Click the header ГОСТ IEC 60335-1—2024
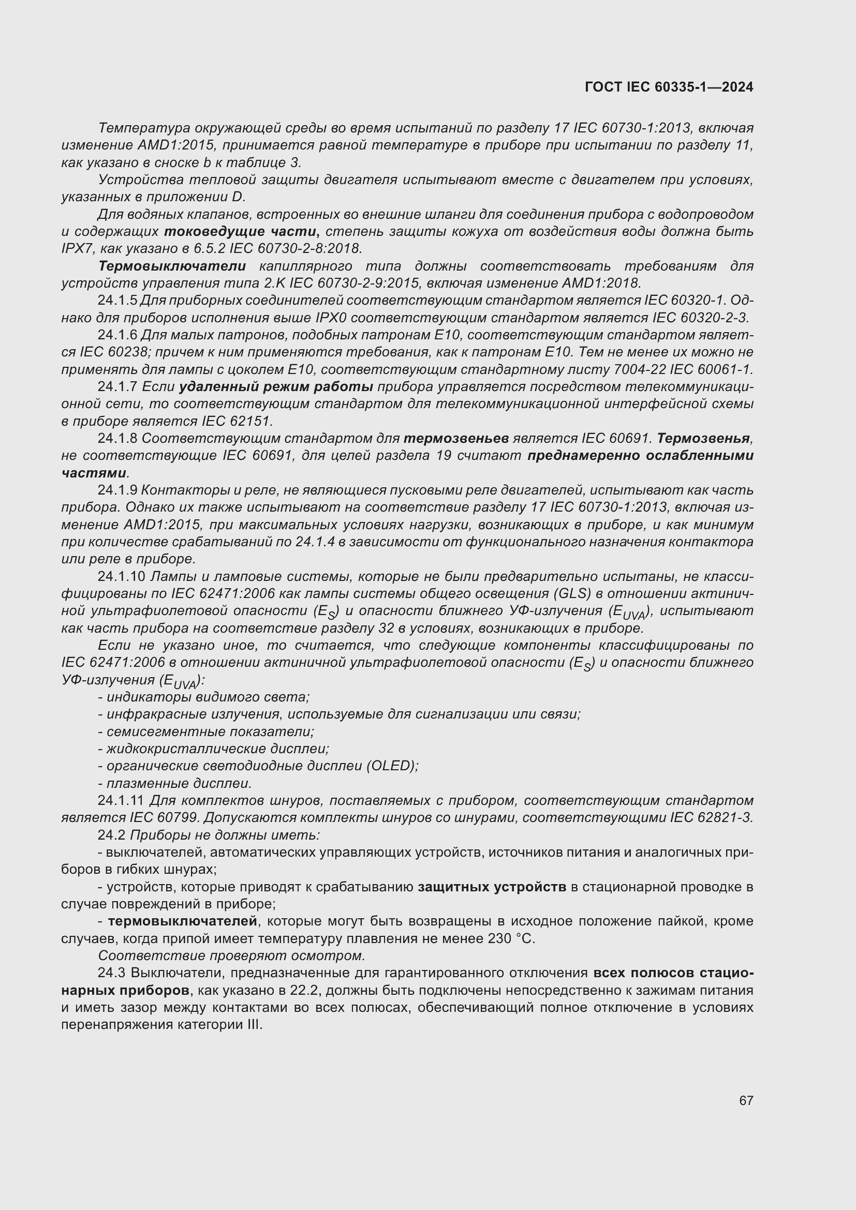(669, 87)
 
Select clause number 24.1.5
(117, 301)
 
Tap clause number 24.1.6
(117, 335)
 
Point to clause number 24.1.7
(117, 387)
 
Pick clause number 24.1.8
(117, 439)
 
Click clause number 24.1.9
(117, 490)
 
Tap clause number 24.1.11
(121, 800)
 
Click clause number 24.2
(111, 835)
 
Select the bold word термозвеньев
(456, 439)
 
